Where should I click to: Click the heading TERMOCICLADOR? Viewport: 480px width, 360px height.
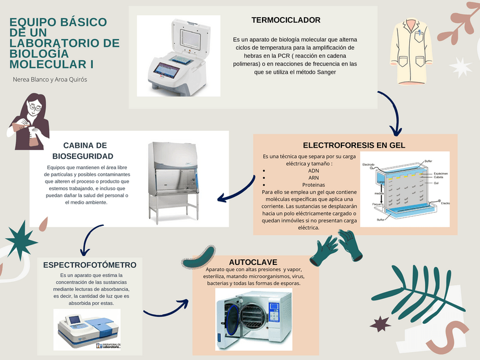point(286,20)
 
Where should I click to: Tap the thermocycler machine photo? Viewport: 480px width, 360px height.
point(176,55)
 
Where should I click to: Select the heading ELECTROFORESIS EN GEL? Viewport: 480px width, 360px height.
point(354,145)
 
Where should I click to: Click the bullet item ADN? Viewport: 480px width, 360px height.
point(313,170)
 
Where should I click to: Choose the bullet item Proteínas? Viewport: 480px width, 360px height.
point(313,185)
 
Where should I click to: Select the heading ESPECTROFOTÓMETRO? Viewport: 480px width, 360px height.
point(89,264)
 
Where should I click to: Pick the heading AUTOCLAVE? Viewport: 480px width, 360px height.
point(253,262)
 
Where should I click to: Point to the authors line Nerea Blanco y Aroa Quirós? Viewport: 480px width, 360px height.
point(50,79)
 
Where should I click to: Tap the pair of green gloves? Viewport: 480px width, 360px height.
point(340,250)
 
